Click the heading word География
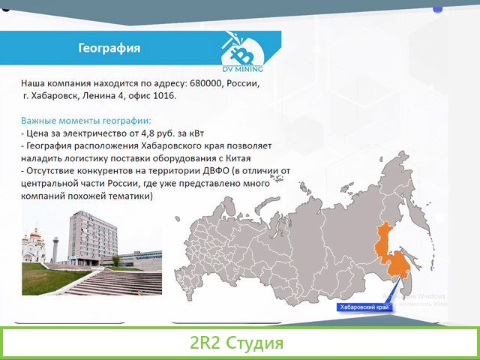[110, 49]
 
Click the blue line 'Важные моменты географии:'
[86, 120]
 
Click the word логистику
[88, 158]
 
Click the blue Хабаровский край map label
[363, 307]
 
